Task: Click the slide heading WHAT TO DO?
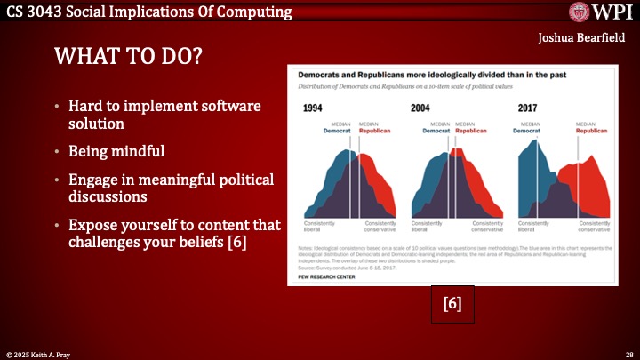click(x=128, y=57)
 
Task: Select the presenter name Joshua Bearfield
click(x=582, y=38)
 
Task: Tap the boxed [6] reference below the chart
click(x=452, y=303)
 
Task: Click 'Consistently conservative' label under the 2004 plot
click(x=486, y=226)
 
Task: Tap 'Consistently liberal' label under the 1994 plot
click(x=320, y=226)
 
